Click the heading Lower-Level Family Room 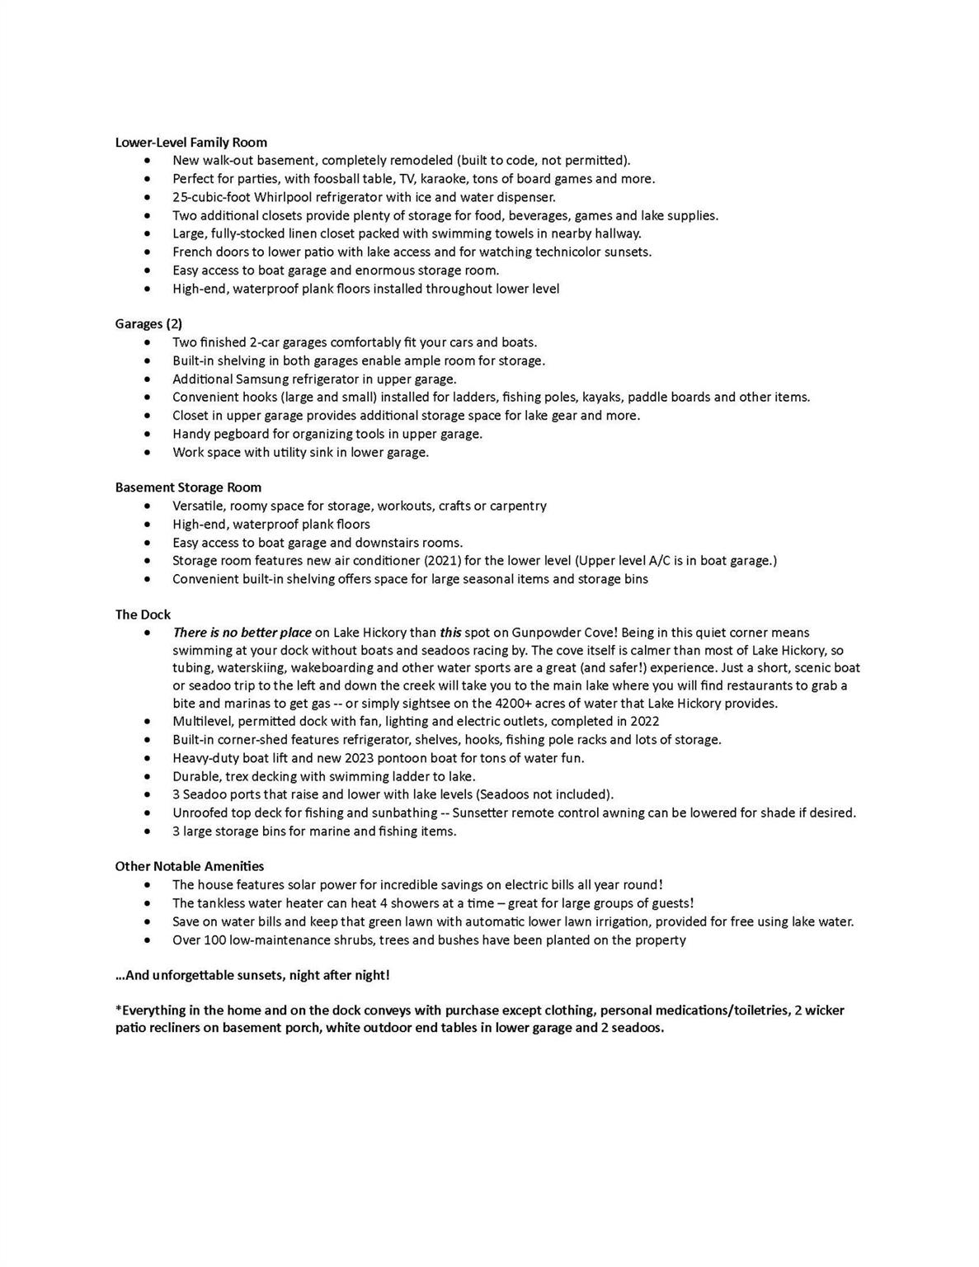point(191,143)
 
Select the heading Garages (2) point(148,324)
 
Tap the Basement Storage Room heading point(188,487)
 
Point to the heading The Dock point(143,615)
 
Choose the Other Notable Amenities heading point(190,866)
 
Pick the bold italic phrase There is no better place point(242,633)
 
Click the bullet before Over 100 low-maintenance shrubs point(147,940)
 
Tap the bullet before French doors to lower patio point(147,252)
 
